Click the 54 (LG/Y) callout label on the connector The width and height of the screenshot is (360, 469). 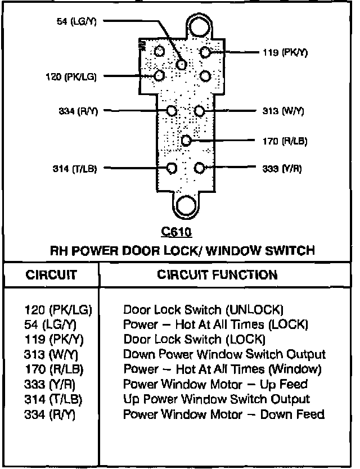click(x=76, y=22)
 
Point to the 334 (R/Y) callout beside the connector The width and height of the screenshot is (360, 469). click(x=78, y=111)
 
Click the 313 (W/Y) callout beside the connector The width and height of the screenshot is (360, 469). click(x=283, y=111)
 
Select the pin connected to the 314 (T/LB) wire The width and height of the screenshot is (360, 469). click(x=173, y=168)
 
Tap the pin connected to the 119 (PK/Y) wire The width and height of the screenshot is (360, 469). click(x=205, y=53)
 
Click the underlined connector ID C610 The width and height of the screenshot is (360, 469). click(x=176, y=232)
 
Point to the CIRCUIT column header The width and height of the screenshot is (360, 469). click(x=51, y=275)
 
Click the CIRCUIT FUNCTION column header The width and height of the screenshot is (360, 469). click(x=217, y=275)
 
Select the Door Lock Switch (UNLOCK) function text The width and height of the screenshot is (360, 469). click(x=203, y=309)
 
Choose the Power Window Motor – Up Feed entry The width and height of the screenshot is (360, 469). click(x=215, y=385)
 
